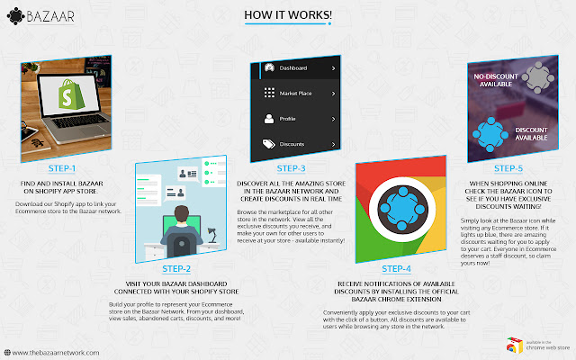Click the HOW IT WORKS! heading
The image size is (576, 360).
tap(287, 16)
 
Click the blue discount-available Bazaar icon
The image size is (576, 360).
tap(493, 133)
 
